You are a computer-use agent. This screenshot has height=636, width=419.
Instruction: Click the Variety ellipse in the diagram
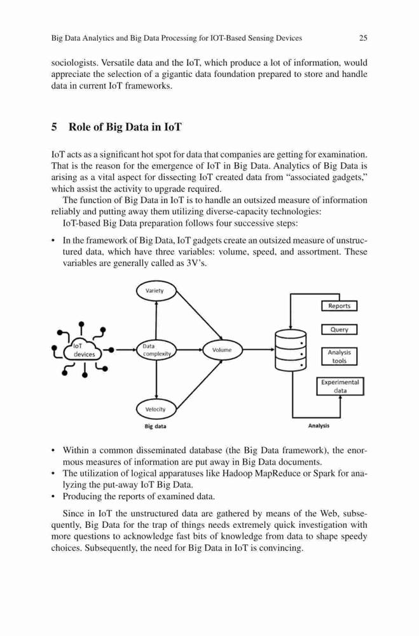coord(156,291)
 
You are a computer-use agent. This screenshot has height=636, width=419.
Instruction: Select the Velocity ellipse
coord(156,409)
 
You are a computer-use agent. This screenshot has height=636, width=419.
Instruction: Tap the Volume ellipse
coord(222,350)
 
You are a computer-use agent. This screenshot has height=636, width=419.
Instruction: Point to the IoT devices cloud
coord(83,350)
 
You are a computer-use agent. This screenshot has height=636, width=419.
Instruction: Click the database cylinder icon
coord(291,350)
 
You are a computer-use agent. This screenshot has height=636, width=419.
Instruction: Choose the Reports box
coord(339,306)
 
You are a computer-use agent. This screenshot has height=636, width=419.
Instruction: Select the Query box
coord(339,329)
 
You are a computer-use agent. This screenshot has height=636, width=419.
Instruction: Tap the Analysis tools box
coord(339,357)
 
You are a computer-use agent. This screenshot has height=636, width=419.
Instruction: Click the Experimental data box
coord(340,386)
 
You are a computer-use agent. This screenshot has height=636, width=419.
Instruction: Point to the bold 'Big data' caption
coord(155,426)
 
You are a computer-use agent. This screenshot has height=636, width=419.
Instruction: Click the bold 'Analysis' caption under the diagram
coord(319,425)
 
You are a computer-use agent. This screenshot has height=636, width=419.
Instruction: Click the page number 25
coord(363,38)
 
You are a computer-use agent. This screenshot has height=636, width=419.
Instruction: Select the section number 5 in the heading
coord(54,127)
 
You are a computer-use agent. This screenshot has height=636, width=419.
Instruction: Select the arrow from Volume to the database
coord(259,350)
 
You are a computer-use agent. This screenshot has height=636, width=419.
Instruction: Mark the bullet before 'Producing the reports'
coord(53,497)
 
